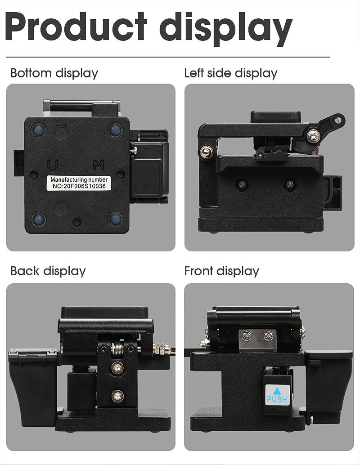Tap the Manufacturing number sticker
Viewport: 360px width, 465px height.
click(x=79, y=183)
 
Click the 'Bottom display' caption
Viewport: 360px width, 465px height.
click(x=54, y=73)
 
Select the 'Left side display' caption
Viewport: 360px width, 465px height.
click(x=230, y=73)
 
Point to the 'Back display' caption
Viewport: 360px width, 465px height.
click(x=48, y=271)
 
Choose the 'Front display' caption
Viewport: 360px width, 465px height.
click(x=221, y=271)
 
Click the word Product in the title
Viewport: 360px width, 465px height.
click(x=76, y=27)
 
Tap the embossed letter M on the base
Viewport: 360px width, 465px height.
click(x=99, y=165)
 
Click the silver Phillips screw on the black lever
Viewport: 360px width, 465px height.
click(x=313, y=136)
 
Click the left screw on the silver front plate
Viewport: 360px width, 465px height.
click(x=247, y=336)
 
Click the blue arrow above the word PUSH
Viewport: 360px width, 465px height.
click(x=277, y=390)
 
